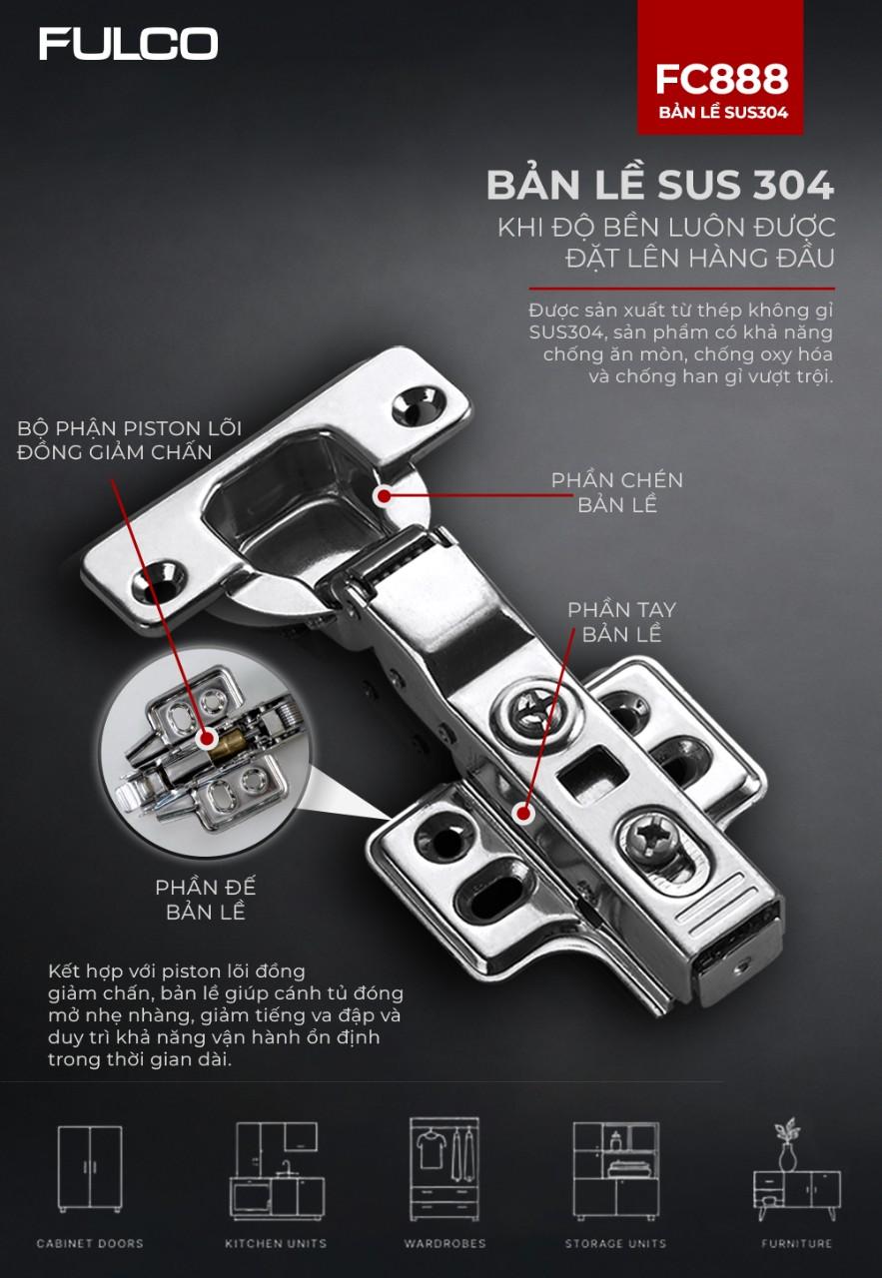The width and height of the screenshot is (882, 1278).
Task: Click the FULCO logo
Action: coord(129,44)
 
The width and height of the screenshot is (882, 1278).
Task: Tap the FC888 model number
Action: coord(721,79)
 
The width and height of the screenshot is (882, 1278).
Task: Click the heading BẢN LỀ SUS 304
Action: coord(660,185)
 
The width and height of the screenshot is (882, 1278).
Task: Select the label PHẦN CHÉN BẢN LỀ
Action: coord(617,492)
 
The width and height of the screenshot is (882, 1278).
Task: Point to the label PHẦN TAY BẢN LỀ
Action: coord(621,622)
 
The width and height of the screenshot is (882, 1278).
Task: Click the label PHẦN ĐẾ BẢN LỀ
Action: coord(206,900)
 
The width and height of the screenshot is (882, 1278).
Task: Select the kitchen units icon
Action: coord(277,1171)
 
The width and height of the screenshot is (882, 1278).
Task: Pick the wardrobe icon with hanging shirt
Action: coord(444,1168)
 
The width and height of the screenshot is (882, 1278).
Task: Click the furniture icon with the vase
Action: coord(796,1169)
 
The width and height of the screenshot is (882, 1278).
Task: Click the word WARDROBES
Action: coord(444,1244)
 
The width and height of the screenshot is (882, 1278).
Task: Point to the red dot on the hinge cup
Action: coord(385,496)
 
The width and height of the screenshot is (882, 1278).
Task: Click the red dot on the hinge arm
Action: coord(523,813)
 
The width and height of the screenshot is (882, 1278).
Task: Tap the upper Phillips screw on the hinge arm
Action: coord(532,714)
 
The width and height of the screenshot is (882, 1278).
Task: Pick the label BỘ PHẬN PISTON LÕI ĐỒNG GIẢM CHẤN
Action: coord(130,440)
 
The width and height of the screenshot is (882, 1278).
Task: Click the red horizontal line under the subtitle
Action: coord(681,289)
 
